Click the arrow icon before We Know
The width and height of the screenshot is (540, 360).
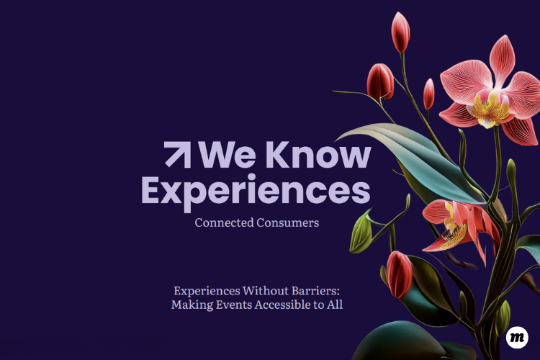point(177,155)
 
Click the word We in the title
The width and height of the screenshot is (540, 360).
point(228,155)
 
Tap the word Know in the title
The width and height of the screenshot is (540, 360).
point(318,155)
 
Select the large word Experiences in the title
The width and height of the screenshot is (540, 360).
point(256,192)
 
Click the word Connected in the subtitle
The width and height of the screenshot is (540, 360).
point(224,222)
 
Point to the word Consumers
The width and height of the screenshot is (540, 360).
point(287,222)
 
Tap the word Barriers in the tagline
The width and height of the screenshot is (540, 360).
point(316,291)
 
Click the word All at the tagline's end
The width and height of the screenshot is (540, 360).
point(335,305)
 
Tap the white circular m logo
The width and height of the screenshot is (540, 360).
point(517,337)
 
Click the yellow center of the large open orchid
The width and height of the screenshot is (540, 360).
point(490,106)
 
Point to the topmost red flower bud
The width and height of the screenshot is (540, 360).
point(400,32)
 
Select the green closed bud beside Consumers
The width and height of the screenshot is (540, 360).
point(361,232)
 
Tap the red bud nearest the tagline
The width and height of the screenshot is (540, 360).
point(399,274)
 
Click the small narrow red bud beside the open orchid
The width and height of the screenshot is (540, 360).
point(429,94)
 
